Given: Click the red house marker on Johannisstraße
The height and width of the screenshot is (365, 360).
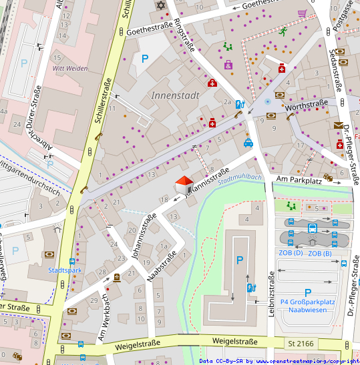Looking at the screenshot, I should (x=184, y=183).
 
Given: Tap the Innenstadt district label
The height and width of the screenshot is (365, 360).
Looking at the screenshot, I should (x=175, y=95).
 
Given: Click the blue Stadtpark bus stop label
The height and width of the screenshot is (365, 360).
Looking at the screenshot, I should (x=64, y=270).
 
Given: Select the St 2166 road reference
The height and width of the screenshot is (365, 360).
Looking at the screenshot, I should (x=301, y=343).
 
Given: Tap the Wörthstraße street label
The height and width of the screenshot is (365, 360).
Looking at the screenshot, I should (x=306, y=103).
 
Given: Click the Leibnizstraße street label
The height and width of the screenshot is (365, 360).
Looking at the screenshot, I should (x=271, y=294).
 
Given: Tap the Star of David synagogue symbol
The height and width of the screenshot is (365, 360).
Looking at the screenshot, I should (x=160, y=5).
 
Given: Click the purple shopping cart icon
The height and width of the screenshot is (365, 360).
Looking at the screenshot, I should (x=303, y=13).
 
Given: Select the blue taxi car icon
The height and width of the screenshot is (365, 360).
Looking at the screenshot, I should (x=248, y=142).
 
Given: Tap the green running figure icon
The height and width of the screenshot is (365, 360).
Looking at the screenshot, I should (x=283, y=31).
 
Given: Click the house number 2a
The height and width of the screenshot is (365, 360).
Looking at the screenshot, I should (x=227, y=102).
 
